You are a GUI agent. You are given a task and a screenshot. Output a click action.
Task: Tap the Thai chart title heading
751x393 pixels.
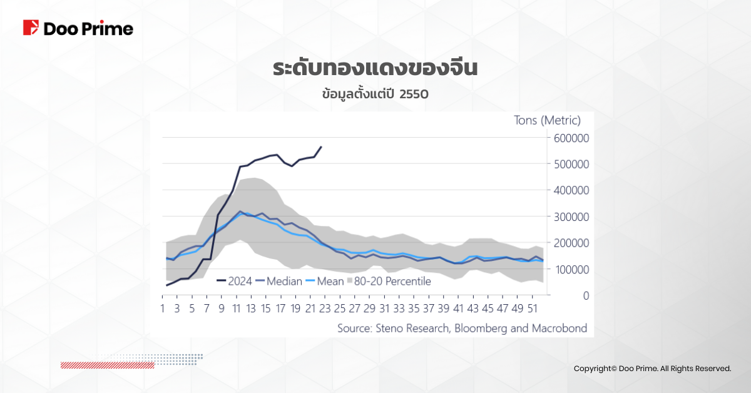coord(375,68)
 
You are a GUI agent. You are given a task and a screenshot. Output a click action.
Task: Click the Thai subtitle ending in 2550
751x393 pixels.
coord(375,94)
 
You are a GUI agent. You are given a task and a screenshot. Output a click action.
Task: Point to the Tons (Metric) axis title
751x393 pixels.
coord(548,120)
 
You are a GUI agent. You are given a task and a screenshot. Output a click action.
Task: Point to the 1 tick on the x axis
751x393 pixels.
coord(163,309)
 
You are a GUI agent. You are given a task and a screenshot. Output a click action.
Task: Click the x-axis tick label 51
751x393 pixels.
coord(533,309)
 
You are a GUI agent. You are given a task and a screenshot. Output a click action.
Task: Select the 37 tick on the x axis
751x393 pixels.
coord(429,309)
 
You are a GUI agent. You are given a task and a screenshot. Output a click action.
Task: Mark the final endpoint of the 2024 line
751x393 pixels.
coord(321,147)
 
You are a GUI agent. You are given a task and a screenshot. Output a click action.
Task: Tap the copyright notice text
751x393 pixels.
coord(652,369)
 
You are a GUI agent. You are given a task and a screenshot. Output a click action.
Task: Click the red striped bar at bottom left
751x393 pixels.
coord(107,365)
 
